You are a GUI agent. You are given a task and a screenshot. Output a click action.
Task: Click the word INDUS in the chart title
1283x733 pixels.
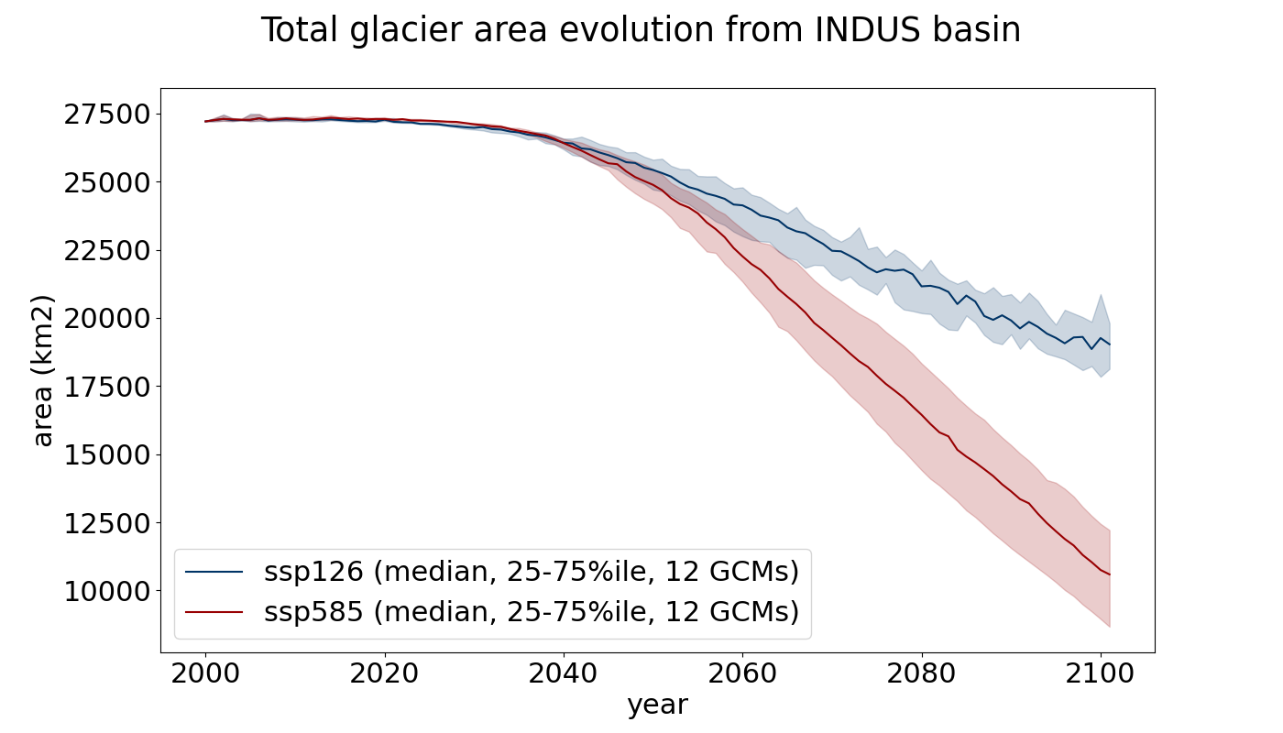pos(866,29)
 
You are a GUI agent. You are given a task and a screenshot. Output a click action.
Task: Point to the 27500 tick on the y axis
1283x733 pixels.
pos(107,115)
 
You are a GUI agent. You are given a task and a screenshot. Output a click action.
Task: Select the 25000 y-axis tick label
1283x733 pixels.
pos(107,182)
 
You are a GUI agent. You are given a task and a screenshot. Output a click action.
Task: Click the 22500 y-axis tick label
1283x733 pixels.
pos(107,251)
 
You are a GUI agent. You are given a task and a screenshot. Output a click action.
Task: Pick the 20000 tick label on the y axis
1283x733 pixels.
pos(107,319)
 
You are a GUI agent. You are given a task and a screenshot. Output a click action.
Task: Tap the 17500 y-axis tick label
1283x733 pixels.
pos(107,387)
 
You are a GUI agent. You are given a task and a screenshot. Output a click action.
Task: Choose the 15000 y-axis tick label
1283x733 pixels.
pos(107,455)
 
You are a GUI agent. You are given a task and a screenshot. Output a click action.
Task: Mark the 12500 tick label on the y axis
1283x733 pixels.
pos(107,523)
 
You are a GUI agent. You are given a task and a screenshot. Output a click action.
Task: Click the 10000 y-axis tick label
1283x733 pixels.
pos(107,592)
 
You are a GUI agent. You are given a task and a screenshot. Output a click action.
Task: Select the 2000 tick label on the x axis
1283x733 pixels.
pos(205,674)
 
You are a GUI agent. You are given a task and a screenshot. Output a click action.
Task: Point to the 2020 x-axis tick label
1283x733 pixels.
pos(384,674)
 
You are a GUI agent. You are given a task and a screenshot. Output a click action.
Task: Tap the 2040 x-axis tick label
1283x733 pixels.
pos(564,674)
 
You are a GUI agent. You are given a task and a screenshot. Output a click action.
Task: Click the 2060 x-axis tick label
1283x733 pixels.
pos(743,674)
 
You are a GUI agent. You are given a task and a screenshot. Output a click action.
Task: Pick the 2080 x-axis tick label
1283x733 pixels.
pos(922,674)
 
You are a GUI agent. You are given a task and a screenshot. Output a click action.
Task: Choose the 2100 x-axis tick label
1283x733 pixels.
pos(1101,674)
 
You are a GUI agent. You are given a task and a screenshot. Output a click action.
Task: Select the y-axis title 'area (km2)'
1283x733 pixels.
pos(44,370)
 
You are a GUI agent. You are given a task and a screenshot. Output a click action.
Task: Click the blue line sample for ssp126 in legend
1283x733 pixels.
pos(214,572)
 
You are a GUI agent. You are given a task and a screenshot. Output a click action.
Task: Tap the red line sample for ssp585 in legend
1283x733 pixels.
pos(214,612)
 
